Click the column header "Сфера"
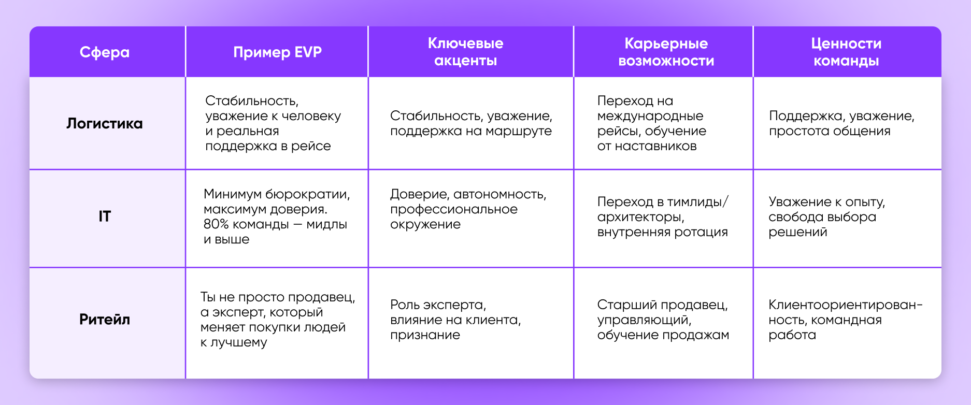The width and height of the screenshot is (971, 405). pyautogui.click(x=105, y=52)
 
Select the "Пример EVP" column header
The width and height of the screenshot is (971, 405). pyautogui.click(x=277, y=52)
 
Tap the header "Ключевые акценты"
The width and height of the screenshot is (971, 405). pyautogui.click(x=465, y=52)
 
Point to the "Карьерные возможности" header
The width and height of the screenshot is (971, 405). pyautogui.click(x=666, y=52)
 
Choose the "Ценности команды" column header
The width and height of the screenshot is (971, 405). pyautogui.click(x=846, y=52)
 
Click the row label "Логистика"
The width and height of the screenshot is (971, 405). pyautogui.click(x=105, y=123)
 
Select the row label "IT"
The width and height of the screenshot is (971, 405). pyautogui.click(x=105, y=216)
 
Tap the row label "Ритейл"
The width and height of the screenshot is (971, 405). pyautogui.click(x=105, y=319)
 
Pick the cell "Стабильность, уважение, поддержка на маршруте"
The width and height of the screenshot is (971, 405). pyautogui.click(x=471, y=123)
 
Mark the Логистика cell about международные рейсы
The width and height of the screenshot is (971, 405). pyautogui.click(x=651, y=123)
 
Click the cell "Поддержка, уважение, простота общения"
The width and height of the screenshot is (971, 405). pyautogui.click(x=841, y=123)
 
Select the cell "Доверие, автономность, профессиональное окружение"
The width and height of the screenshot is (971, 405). pyautogui.click(x=468, y=209)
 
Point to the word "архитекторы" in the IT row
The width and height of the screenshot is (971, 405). pyautogui.click(x=640, y=217)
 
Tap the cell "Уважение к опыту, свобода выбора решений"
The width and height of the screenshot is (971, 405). pyautogui.click(x=827, y=216)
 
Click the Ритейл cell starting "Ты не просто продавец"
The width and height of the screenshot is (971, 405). pyautogui.click(x=278, y=320)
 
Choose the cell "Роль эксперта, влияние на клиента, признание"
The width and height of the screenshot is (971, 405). pyautogui.click(x=455, y=320)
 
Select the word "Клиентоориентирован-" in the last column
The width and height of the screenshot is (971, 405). pyautogui.click(x=846, y=305)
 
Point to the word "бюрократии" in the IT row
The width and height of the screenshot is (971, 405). pyautogui.click(x=307, y=195)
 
